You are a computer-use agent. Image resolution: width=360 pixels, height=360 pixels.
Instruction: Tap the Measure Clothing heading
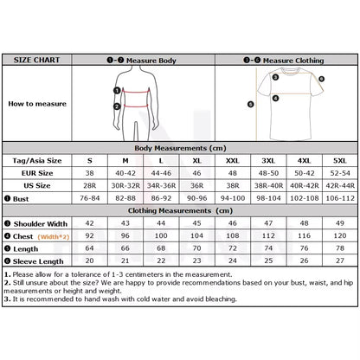(288, 61)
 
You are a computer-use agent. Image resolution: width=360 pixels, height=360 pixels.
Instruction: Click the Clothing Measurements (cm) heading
(179, 210)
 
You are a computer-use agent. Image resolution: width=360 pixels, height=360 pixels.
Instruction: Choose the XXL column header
(233, 161)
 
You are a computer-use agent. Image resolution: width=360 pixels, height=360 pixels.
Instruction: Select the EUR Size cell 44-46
(162, 173)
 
